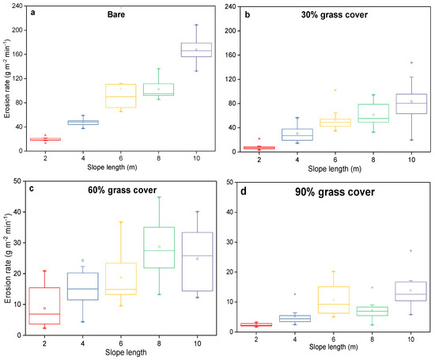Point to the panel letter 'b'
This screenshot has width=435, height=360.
click(x=248, y=13)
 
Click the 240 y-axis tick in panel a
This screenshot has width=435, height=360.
click(x=17, y=7)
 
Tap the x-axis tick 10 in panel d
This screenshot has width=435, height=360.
click(x=411, y=339)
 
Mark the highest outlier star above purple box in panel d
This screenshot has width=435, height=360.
click(x=411, y=251)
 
